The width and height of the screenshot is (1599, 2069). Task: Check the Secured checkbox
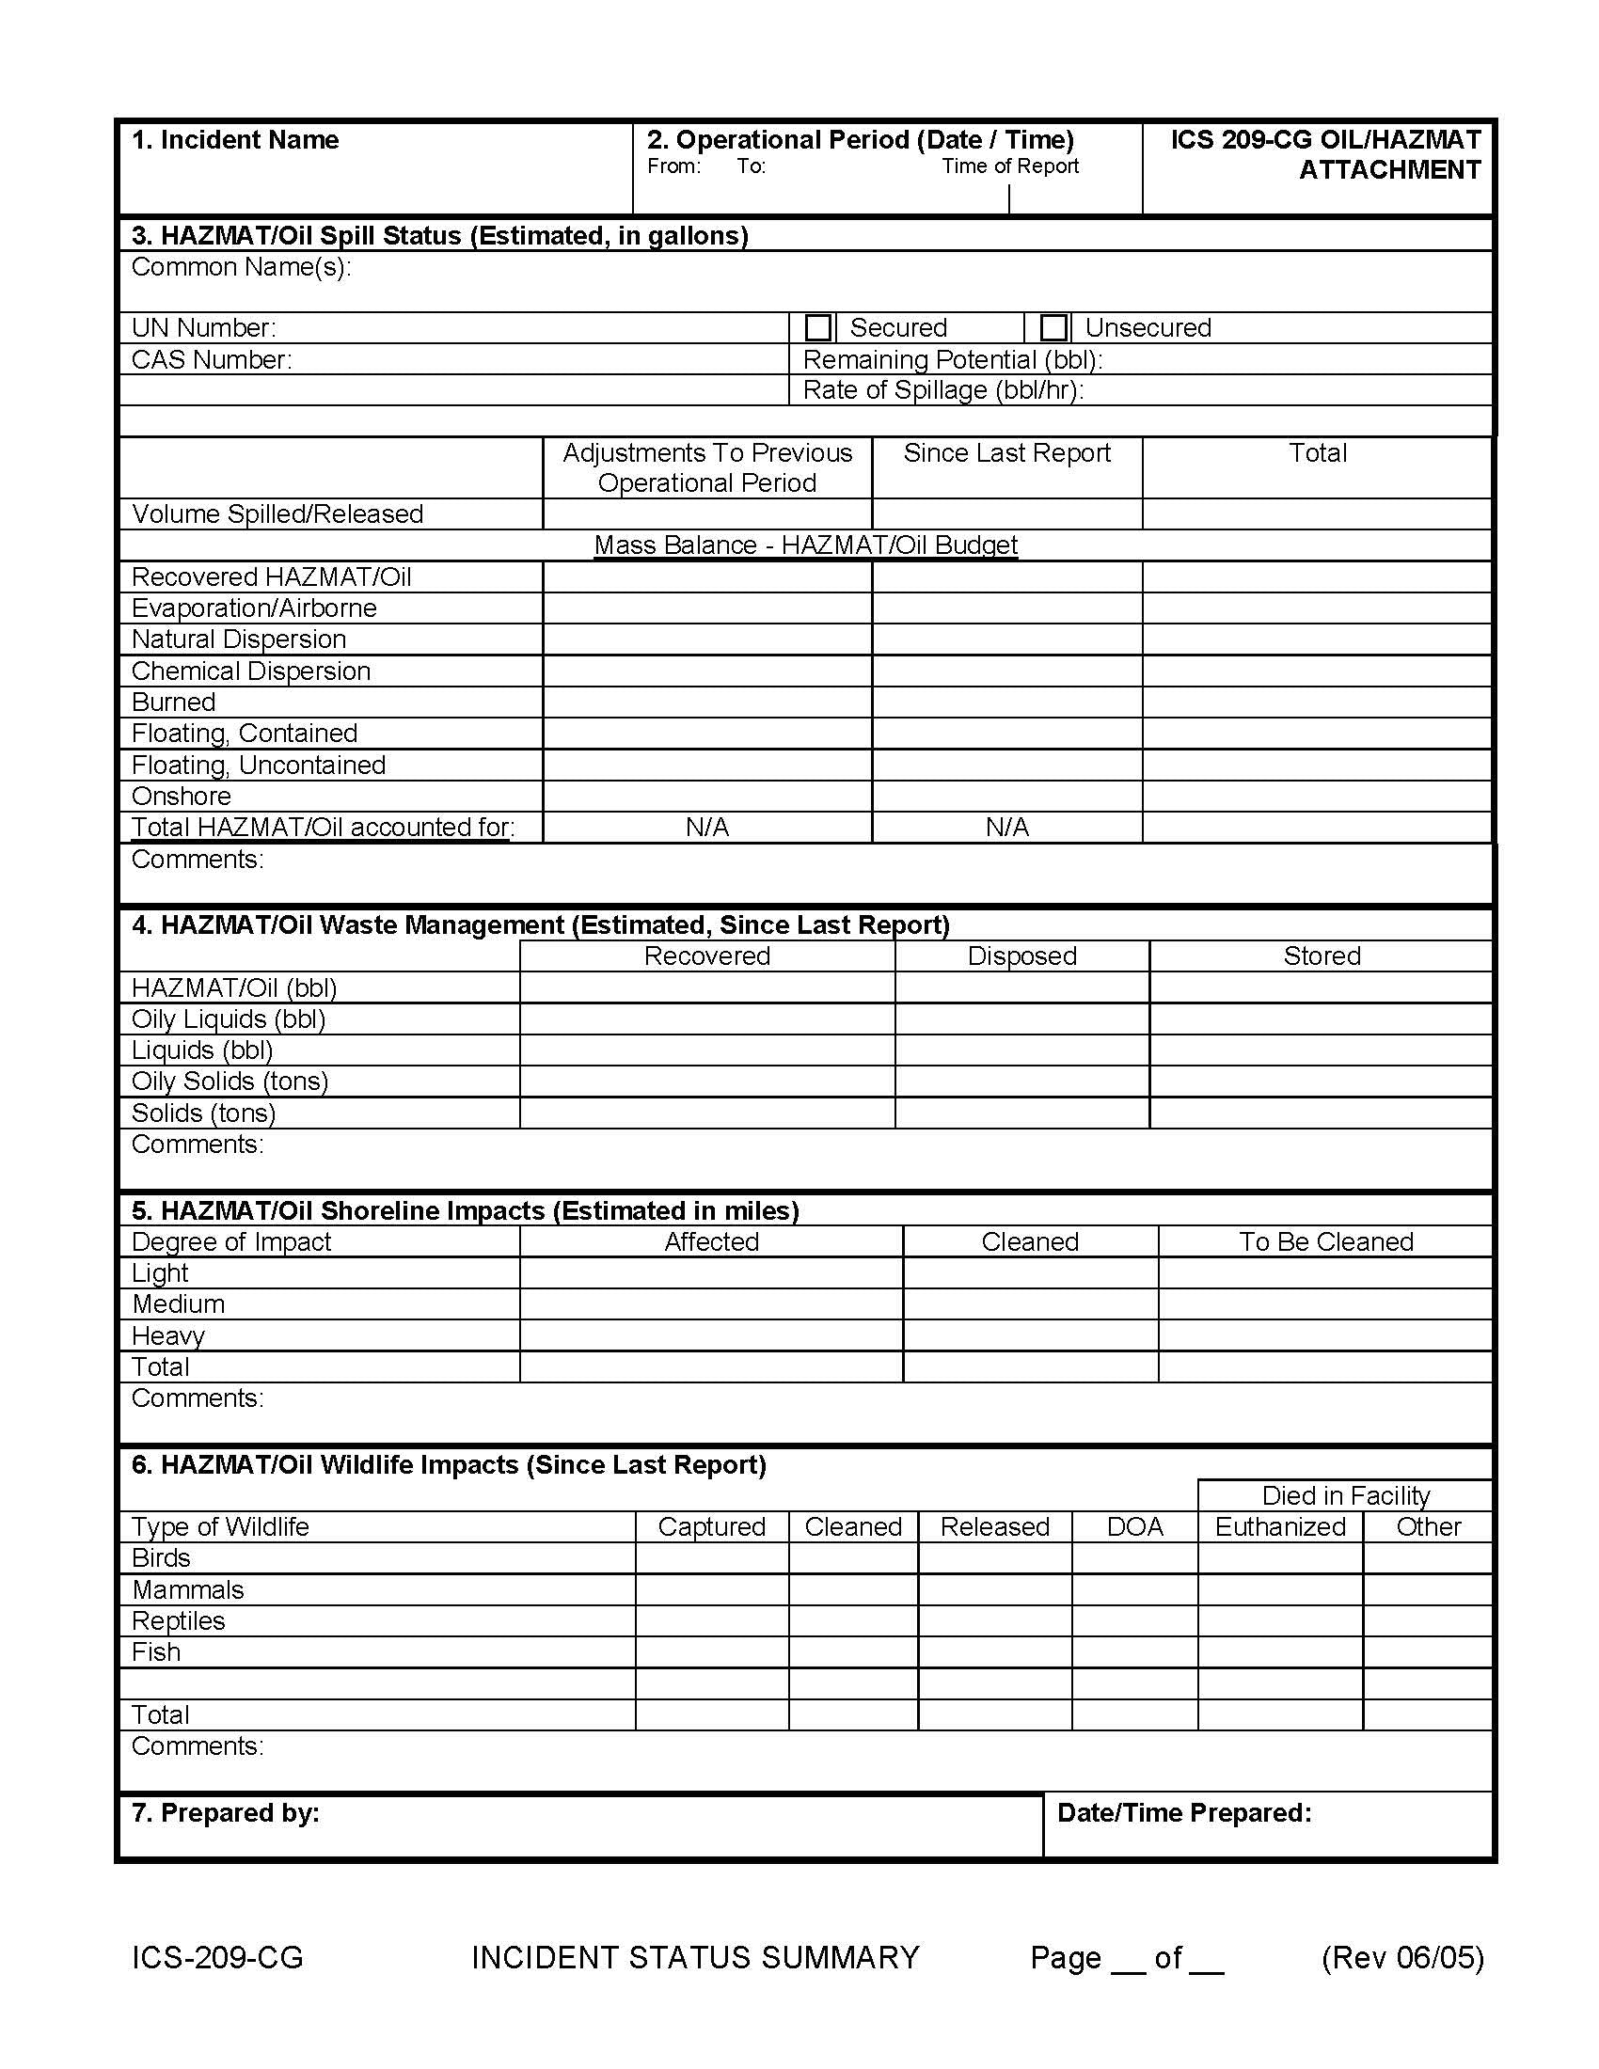click(817, 328)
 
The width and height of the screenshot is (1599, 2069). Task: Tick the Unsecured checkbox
click(1053, 328)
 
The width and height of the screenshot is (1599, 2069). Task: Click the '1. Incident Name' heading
click(235, 140)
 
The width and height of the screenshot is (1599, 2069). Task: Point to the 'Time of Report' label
click(1010, 166)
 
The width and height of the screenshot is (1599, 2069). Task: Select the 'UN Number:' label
click(204, 328)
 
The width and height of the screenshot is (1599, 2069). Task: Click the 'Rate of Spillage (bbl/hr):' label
click(942, 390)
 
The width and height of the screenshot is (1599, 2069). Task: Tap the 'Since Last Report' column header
click(1006, 453)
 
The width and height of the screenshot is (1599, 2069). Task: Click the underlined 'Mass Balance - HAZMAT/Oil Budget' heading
click(805, 545)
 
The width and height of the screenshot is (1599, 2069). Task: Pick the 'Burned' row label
click(173, 702)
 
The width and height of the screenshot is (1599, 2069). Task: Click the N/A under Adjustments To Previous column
click(706, 827)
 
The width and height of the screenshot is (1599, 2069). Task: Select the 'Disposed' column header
click(1021, 956)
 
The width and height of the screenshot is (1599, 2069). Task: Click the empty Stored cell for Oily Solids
click(1321, 1081)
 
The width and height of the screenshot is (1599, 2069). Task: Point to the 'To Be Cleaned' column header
click(1325, 1241)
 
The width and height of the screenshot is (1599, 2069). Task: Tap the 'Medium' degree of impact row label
click(178, 1303)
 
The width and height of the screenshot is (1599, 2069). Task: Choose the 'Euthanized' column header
click(1280, 1526)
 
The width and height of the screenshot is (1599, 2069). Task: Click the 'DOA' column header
click(1134, 1526)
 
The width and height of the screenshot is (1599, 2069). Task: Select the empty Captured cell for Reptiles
click(711, 1620)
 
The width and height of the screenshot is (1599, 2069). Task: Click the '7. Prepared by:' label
click(226, 1812)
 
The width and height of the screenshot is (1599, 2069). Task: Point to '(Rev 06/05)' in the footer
click(1402, 1957)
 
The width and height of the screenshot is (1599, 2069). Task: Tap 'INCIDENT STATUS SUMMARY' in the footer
click(695, 1957)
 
